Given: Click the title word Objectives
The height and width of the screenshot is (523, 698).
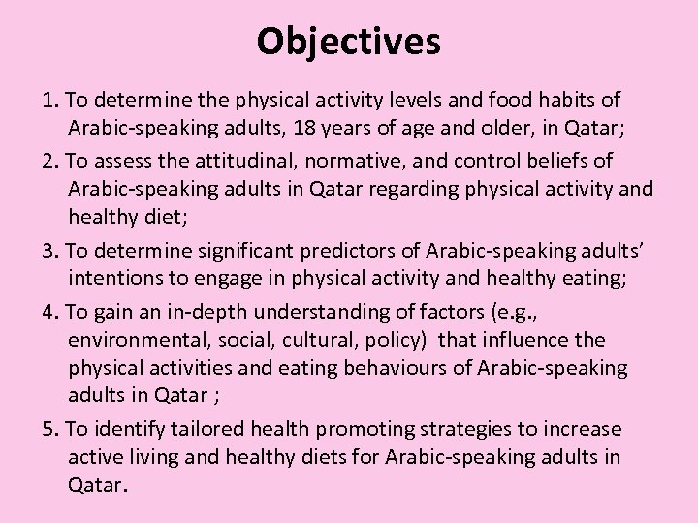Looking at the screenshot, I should [x=349, y=41].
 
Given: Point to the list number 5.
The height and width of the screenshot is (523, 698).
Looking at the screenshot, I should [x=48, y=429].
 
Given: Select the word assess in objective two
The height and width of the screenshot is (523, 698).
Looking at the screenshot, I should [x=124, y=160].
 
